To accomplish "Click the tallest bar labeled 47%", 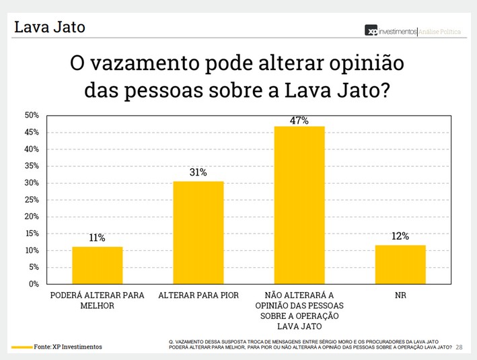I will click(x=299, y=205).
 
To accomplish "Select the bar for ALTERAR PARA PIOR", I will click(x=198, y=233).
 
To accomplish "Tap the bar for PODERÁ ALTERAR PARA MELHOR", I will click(x=98, y=265).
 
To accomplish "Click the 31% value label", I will click(x=198, y=173).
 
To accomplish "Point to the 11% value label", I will click(x=98, y=238).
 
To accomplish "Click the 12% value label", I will click(x=400, y=236).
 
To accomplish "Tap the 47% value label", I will click(x=299, y=120).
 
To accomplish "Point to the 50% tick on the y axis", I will click(x=31, y=116).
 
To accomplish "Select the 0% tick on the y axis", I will click(x=33, y=284).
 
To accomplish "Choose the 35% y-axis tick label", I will click(x=31, y=166).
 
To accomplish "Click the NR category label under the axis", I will click(x=400, y=295).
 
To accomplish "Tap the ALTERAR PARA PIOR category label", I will click(x=198, y=295).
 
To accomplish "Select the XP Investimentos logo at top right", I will click(x=391, y=31).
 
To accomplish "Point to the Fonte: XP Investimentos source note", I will click(x=68, y=347).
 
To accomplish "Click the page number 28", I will click(x=460, y=347).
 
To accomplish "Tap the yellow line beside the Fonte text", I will click(x=22, y=347).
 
